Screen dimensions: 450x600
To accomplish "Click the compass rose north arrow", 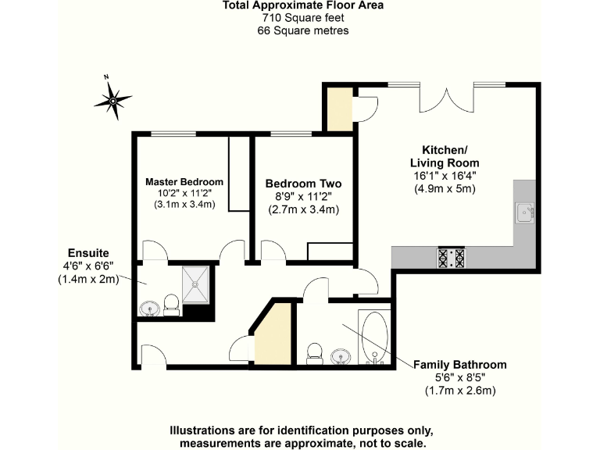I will (x=113, y=99).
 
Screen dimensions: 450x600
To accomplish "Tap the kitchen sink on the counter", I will (x=523, y=212).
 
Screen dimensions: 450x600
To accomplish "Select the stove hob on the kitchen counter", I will (x=452, y=257).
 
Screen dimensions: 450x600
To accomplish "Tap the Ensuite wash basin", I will (x=149, y=309).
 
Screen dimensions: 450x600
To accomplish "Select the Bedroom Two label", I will (x=303, y=184).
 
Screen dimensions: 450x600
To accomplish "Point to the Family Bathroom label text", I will (x=459, y=365).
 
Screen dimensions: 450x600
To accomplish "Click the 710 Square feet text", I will (x=302, y=18).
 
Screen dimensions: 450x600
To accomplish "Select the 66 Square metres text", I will (x=302, y=30).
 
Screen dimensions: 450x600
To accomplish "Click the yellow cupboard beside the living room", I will (x=340, y=110).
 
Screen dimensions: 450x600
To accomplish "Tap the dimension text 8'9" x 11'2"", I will (x=303, y=197).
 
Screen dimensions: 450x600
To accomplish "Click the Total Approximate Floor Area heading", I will (x=302, y=5).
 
